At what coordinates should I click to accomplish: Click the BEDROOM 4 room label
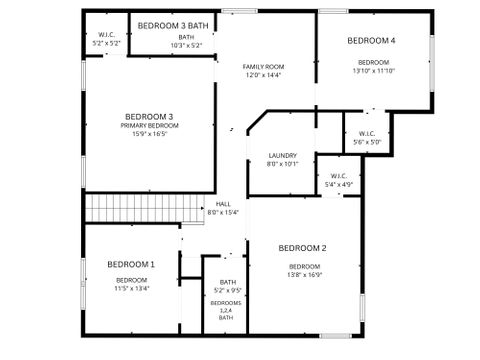[x=371, y=41]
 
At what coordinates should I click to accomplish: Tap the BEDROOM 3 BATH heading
[x=173, y=26]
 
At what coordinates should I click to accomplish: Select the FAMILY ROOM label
[x=263, y=67]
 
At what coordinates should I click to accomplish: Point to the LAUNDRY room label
[x=283, y=155]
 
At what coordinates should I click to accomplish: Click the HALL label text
[x=223, y=204]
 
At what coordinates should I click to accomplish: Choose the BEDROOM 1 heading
[x=131, y=265]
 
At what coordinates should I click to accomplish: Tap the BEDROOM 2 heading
[x=302, y=248]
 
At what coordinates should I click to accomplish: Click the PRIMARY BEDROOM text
[x=150, y=126]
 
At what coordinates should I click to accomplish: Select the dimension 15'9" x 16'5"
[x=150, y=134]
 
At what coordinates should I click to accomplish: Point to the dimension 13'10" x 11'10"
[x=374, y=71]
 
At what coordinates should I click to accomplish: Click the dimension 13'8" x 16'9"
[x=305, y=275]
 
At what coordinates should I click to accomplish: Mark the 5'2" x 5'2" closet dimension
[x=106, y=43]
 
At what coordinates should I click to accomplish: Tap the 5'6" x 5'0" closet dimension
[x=367, y=142]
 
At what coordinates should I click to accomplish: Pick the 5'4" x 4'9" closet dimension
[x=339, y=184]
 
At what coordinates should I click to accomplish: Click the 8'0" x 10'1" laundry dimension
[x=283, y=164]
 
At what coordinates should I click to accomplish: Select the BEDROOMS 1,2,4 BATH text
[x=226, y=310]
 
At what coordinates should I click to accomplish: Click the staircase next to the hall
[x=145, y=208]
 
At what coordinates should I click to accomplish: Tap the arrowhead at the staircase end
[x=202, y=208]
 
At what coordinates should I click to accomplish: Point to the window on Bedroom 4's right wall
[x=432, y=64]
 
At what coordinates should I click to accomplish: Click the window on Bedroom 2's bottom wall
[x=336, y=336]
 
